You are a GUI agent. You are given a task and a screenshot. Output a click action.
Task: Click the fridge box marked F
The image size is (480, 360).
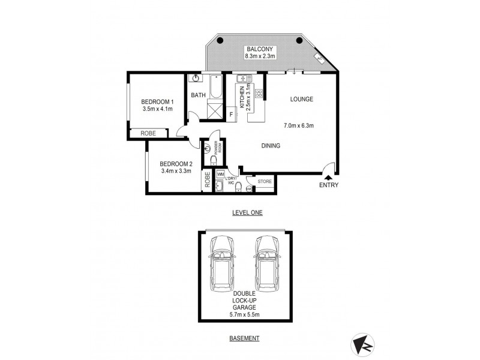[x=231, y=113]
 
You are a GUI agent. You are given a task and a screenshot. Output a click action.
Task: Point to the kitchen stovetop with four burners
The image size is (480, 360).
[x=259, y=93]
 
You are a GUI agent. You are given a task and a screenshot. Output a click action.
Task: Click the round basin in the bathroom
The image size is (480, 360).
[x=196, y=79]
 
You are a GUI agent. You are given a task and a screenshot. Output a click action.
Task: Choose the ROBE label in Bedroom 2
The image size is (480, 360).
[x=208, y=181]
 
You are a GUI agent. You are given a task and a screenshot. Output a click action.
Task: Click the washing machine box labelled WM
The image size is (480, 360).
[x=220, y=174]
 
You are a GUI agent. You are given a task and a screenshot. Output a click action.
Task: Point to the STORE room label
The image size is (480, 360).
[x=265, y=181]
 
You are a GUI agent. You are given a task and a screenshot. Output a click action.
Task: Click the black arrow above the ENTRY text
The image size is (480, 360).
[x=328, y=177]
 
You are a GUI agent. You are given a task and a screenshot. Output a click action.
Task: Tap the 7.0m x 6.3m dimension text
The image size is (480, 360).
[x=299, y=125]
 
